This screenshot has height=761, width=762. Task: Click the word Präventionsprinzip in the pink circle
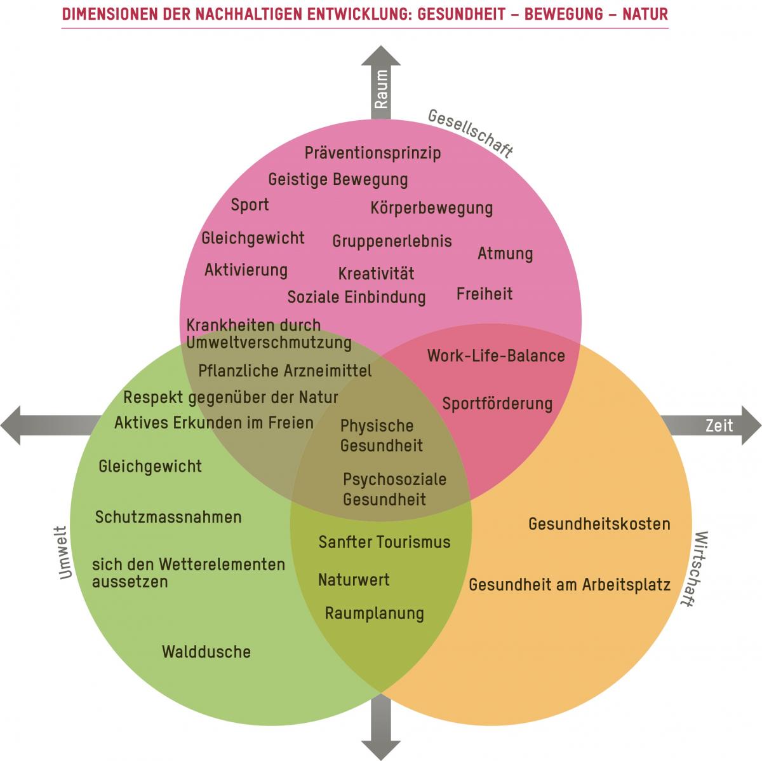point(373,153)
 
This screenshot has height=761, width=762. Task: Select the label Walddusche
point(206,652)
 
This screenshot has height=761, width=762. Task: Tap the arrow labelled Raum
point(381,83)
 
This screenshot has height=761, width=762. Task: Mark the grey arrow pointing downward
point(381,731)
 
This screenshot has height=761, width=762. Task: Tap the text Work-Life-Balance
point(496,355)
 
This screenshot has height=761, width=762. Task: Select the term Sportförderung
point(497,404)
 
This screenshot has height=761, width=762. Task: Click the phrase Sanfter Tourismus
point(384,542)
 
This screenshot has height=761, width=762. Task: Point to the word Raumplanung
point(374,614)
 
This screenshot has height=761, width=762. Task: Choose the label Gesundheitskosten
point(599,524)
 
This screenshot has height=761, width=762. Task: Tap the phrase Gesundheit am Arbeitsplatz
point(570,584)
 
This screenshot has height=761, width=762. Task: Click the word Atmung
point(505,254)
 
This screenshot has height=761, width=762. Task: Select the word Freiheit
point(485,294)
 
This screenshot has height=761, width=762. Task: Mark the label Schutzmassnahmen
point(168,517)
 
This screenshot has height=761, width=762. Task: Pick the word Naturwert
point(354,580)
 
